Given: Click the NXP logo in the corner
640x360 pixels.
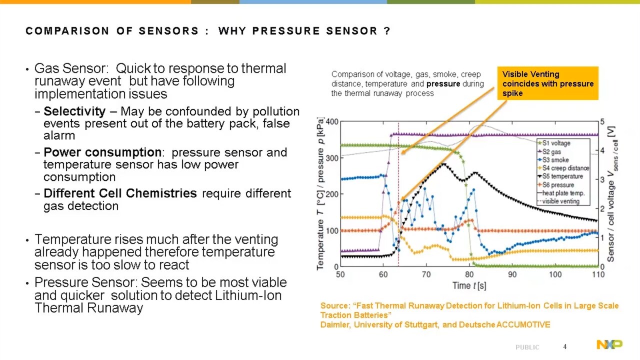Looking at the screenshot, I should [x=609, y=344].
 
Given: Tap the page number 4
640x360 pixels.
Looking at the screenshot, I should [x=565, y=346].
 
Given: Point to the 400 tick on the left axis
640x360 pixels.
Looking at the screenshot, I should [x=332, y=122].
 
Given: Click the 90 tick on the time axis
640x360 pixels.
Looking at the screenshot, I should [x=512, y=274].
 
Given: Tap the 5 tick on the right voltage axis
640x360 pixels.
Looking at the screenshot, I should [x=602, y=122].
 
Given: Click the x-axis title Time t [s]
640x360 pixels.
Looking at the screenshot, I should [x=469, y=285].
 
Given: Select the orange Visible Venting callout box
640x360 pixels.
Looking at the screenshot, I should [x=547, y=83].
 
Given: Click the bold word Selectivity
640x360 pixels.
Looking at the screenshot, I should [x=74, y=111].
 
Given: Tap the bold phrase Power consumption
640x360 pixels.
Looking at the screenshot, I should [x=102, y=152].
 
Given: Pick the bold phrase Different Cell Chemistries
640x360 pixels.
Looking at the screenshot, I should [x=120, y=193].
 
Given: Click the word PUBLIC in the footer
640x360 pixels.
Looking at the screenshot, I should [x=527, y=347].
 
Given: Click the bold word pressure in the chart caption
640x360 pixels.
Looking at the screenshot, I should [x=443, y=84].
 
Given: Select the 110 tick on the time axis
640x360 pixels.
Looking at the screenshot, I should [x=598, y=274].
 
